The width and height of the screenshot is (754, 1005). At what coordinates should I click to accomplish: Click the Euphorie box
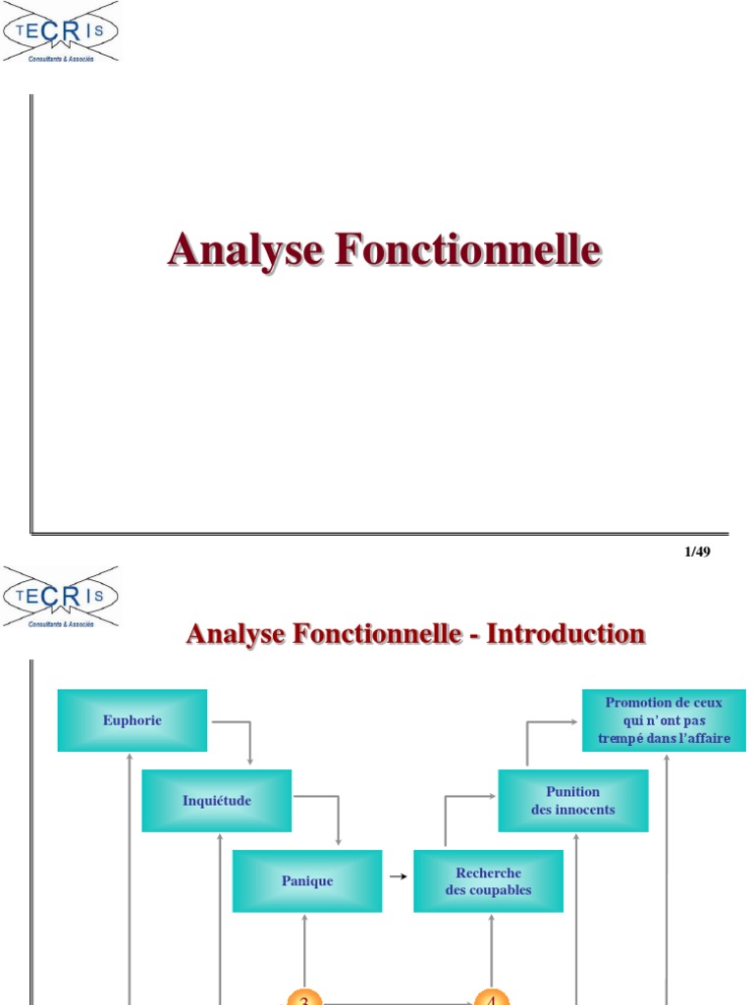[133, 720]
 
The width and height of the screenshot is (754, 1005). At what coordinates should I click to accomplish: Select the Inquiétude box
[217, 801]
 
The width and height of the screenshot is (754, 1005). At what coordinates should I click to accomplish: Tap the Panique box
[307, 881]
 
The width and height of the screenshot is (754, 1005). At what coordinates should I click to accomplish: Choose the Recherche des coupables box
[488, 881]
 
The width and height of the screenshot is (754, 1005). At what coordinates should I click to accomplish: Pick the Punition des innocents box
[573, 801]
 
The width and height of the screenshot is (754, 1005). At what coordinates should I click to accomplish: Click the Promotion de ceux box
[664, 720]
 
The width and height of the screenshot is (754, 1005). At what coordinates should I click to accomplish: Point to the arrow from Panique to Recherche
[398, 877]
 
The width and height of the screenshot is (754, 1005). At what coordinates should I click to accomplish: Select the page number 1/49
[696, 552]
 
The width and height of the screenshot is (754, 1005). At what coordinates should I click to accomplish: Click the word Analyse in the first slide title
[245, 249]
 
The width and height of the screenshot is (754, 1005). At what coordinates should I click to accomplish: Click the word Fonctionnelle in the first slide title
[467, 249]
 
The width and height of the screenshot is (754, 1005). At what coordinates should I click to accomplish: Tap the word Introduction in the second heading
[566, 634]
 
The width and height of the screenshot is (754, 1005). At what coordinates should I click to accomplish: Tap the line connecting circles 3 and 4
[398, 1002]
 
